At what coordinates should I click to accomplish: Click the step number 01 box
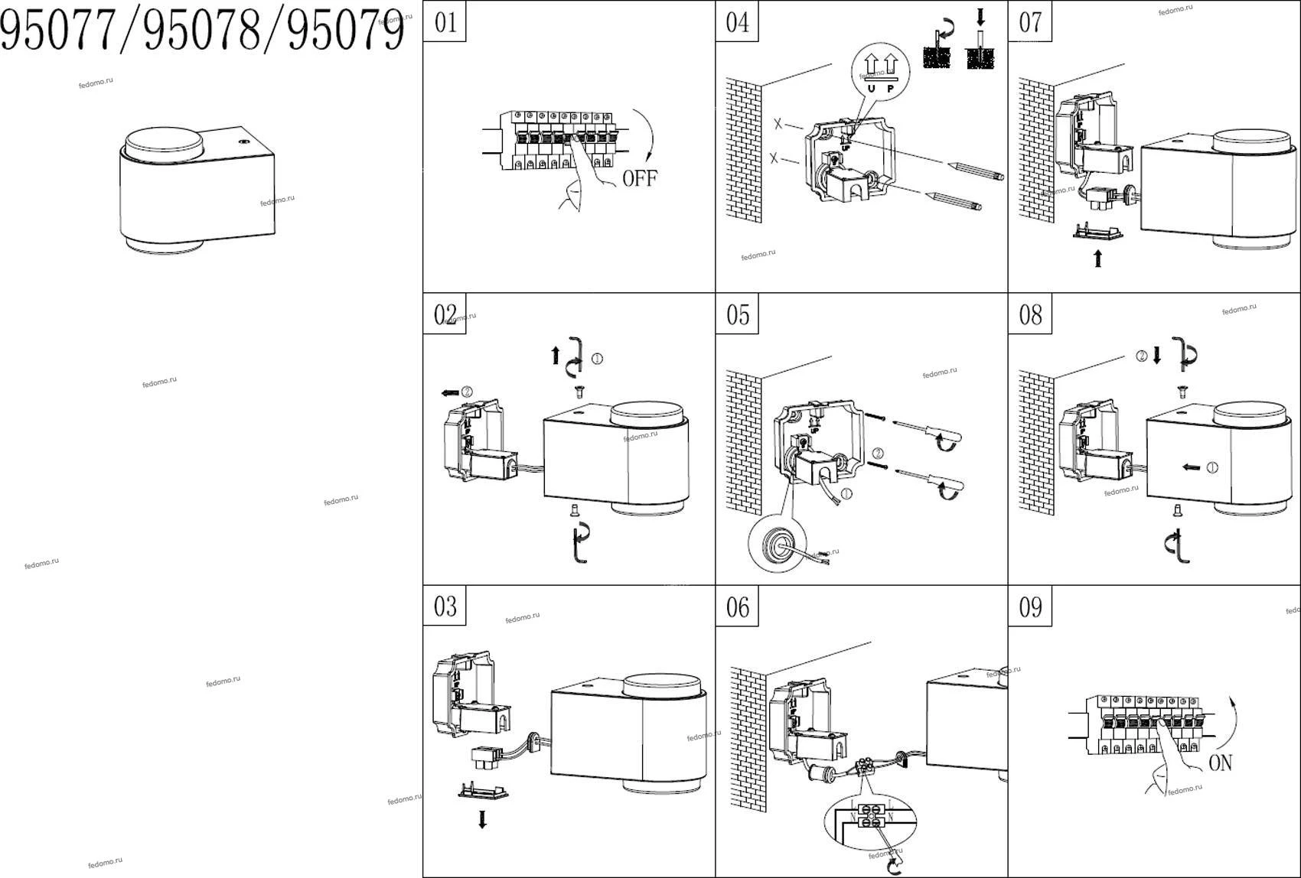[445, 21]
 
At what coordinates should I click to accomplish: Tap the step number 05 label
[737, 314]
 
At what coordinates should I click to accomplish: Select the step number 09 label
[1030, 607]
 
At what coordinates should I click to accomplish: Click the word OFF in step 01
[639, 179]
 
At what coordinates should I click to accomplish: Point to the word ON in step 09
[1220, 763]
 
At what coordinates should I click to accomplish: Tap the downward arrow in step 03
[482, 820]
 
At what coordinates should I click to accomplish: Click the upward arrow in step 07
[1098, 259]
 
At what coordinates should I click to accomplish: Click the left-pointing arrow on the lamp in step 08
[1192, 467]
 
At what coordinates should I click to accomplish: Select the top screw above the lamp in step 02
[579, 392]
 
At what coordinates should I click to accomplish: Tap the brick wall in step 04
[743, 149]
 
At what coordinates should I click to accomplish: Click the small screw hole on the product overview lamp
[244, 142]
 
